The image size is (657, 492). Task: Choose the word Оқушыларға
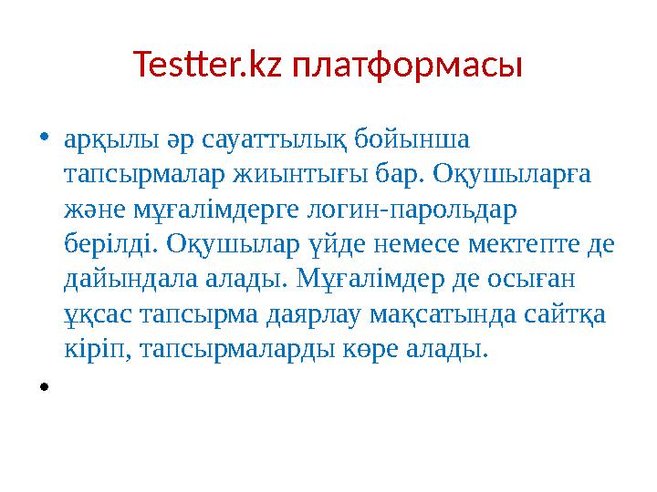tap(512, 176)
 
